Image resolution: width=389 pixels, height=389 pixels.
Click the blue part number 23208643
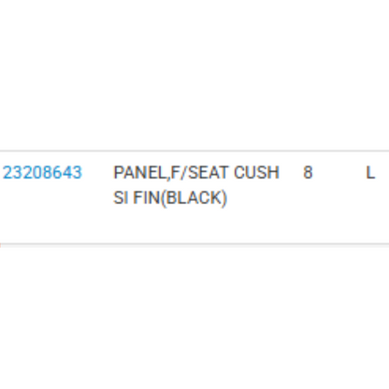[42, 172]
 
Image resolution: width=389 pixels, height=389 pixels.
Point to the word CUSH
[256, 172]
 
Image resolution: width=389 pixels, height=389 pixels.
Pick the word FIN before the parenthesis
[147, 197]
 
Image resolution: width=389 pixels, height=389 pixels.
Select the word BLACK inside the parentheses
[194, 197]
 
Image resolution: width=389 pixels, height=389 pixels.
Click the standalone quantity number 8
[308, 172]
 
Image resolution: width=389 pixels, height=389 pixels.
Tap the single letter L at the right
[370, 172]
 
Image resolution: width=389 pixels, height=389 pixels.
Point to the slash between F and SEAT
[184, 172]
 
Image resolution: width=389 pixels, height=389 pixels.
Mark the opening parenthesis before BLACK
[164, 198]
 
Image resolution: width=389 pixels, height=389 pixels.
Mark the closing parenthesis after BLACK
[223, 198]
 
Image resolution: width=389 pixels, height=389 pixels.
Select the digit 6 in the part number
[57, 172]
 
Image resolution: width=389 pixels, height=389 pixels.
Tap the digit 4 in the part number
[67, 172]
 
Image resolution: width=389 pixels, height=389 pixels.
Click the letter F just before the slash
[176, 172]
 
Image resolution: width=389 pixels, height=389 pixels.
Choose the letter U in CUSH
[252, 172]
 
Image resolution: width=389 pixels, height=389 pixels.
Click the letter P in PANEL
[119, 172]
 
